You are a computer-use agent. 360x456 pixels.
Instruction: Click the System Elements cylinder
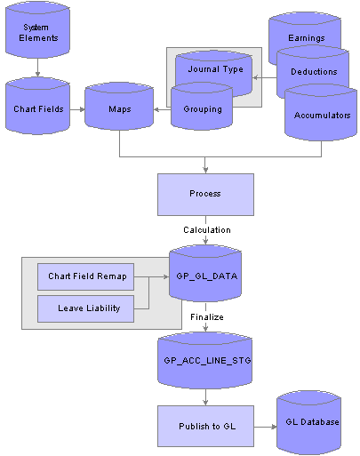[37, 29]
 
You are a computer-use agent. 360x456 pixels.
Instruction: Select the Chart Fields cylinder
[37, 106]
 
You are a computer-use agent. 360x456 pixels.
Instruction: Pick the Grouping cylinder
[202, 107]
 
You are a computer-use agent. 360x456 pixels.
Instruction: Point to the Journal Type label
[215, 69]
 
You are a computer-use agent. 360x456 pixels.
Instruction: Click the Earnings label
[307, 38]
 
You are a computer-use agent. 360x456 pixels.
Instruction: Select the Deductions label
[314, 72]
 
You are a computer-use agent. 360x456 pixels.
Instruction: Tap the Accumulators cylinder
[321, 113]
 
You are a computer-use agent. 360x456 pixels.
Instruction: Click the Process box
[205, 195]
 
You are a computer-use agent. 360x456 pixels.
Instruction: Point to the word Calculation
[207, 230]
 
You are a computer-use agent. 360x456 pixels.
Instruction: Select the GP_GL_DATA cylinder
[205, 273]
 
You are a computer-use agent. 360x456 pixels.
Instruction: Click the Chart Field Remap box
[85, 276]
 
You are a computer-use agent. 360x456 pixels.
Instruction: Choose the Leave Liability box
[85, 308]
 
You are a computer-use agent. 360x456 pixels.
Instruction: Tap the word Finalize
[207, 317]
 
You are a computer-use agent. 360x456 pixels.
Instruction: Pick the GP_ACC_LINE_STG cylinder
[205, 360]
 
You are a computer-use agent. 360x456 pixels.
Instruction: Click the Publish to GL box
[205, 426]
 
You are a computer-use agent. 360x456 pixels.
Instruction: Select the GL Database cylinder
[309, 422]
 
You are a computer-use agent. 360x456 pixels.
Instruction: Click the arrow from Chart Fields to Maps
[77, 109]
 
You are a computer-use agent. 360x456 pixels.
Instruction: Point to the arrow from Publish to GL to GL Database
[266, 427]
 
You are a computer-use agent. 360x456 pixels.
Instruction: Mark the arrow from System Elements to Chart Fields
[37, 68]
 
